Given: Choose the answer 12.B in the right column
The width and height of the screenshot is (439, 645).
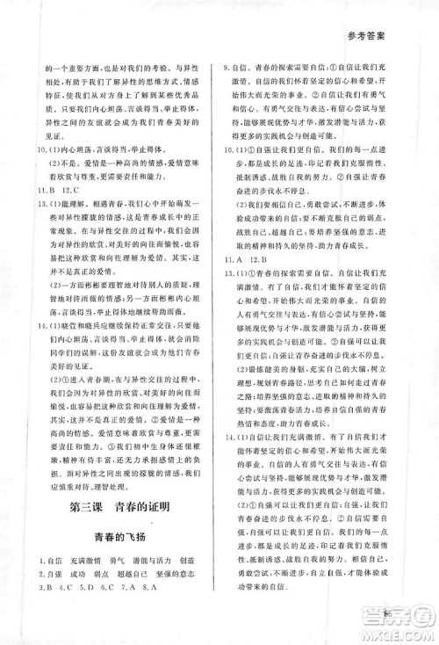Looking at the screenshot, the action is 261,260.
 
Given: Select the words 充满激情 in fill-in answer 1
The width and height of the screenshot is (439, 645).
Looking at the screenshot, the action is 73,560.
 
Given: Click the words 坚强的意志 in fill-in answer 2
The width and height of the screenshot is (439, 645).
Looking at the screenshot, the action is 166,573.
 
